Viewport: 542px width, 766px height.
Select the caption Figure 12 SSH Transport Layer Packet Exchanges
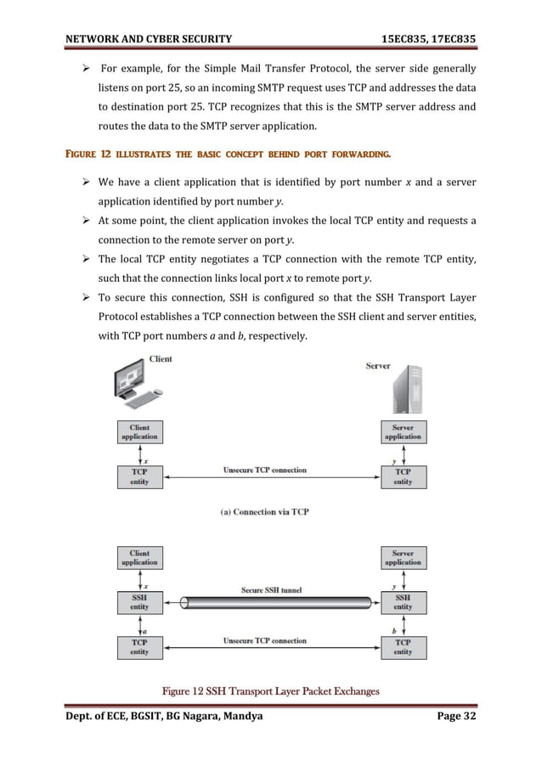tap(271, 690)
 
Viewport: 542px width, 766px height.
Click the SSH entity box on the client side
tap(139, 602)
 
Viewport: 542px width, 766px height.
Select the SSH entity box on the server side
tap(403, 602)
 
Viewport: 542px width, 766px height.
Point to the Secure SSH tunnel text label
tap(271, 589)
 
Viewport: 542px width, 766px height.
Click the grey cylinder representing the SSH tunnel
tap(271, 603)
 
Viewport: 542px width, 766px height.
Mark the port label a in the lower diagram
tap(145, 628)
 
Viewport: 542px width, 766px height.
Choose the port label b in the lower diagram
tap(394, 628)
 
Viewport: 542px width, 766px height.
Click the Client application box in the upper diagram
tap(139, 431)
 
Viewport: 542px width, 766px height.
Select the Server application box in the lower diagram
tap(403, 557)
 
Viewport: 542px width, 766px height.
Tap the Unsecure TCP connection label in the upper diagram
tap(265, 470)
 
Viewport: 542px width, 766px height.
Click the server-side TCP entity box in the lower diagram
tap(403, 647)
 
